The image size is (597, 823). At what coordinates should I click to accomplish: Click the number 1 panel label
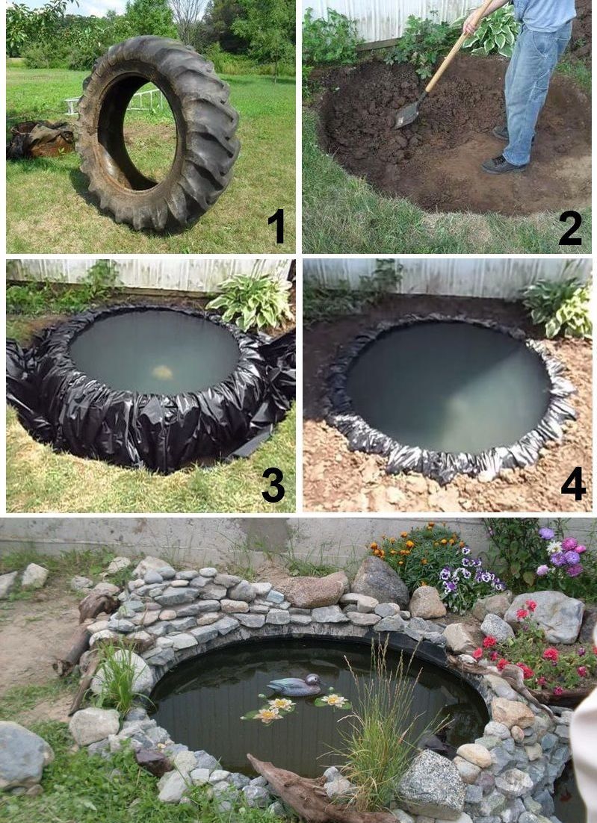(276, 226)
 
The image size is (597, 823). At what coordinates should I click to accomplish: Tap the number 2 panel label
(570, 228)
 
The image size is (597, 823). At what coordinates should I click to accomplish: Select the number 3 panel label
(273, 485)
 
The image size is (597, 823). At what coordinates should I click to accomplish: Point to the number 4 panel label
(573, 483)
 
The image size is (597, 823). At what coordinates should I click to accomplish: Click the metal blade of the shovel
(407, 114)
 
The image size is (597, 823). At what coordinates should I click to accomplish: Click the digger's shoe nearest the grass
(503, 165)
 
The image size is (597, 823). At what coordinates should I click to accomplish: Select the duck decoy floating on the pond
(294, 685)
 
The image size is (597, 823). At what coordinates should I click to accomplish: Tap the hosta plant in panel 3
(251, 301)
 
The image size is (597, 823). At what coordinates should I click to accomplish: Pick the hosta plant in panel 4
(559, 307)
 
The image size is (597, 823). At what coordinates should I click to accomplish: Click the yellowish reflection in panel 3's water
(162, 372)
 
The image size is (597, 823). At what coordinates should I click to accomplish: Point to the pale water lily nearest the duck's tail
(281, 704)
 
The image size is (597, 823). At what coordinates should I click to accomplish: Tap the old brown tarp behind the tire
(40, 139)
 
